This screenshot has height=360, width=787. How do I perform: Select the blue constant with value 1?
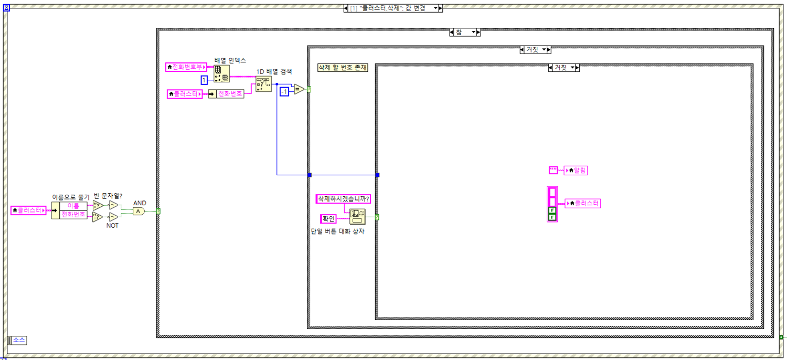tap(204, 80)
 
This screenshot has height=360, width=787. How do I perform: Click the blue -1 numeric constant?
tap(284, 92)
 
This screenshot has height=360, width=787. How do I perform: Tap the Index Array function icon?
tap(221, 74)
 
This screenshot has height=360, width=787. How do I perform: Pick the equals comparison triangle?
tap(299, 90)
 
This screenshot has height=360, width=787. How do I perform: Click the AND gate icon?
tap(138, 211)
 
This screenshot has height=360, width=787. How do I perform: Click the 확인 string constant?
tap(328, 219)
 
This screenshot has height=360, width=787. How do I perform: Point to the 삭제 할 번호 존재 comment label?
tap(343, 68)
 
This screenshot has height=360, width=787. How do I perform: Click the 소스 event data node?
tap(18, 340)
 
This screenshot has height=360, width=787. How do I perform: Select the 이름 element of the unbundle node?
tap(73, 206)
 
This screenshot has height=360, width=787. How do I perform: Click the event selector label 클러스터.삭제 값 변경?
tap(391, 8)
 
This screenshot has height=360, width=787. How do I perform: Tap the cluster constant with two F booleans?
tap(552, 204)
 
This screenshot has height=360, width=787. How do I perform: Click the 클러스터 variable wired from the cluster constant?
tap(582, 204)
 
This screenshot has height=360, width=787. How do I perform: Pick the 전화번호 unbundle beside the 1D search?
tap(229, 94)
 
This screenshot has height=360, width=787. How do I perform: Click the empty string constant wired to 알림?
tap(553, 170)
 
